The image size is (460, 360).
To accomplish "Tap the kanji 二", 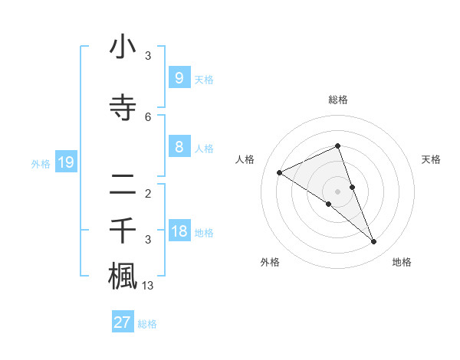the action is click(123, 184).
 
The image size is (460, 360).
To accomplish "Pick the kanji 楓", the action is click(123, 275).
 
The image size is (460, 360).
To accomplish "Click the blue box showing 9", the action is click(179, 77).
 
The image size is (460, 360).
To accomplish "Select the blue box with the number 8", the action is click(179, 147).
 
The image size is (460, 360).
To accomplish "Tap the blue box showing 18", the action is click(179, 231).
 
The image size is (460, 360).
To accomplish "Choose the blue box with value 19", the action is click(65, 162).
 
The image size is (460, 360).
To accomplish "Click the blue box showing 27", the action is click(123, 322).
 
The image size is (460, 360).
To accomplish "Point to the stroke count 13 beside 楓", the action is click(148, 286).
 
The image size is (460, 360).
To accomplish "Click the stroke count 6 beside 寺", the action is click(148, 116).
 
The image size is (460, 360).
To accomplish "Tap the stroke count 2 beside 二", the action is click(148, 193).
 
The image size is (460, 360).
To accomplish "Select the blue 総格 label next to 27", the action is click(147, 324).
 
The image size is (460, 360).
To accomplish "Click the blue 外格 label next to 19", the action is click(41, 163).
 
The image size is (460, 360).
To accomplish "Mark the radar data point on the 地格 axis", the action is click(374, 242).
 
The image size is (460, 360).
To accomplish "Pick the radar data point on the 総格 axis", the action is click(338, 146).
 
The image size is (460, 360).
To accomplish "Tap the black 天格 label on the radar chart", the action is click(431, 159).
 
